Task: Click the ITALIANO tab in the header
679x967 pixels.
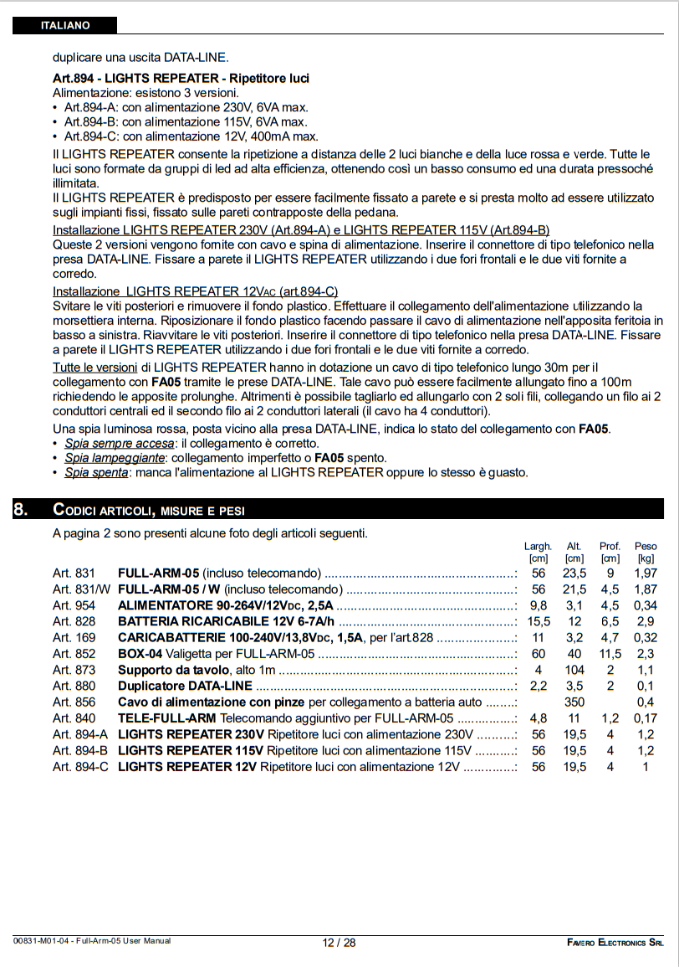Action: point(64,25)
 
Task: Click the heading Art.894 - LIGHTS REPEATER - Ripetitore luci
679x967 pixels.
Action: point(181,78)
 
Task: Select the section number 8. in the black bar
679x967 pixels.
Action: point(22,509)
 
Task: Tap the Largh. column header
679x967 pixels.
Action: point(538,546)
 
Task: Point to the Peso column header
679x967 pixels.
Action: point(646,546)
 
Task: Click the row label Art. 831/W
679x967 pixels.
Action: point(81,589)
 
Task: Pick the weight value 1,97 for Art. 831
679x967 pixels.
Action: point(646,574)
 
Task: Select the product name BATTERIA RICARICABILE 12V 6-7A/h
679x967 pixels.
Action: point(226,621)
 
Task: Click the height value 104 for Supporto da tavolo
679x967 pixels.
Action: point(574,670)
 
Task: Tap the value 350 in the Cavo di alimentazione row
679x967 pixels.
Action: point(574,702)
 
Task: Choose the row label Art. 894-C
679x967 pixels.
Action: point(80,766)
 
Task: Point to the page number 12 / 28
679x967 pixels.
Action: point(339,942)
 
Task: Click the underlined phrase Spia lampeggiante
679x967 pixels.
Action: point(115,458)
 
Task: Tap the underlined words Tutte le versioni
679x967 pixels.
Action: point(94,368)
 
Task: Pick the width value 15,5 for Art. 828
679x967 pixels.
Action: point(539,621)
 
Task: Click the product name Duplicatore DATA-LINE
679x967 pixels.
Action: point(185,686)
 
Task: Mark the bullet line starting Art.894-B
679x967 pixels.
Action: point(186,121)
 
